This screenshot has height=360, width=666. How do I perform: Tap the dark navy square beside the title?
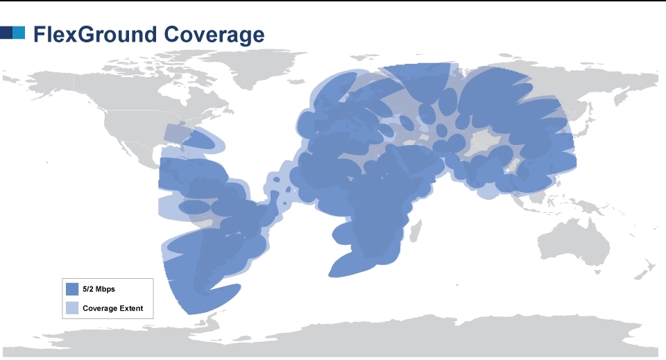6,33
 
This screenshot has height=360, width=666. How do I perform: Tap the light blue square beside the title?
19,33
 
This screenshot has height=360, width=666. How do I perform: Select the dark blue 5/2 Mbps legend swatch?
71,289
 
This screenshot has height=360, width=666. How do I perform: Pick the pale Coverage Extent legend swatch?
71,308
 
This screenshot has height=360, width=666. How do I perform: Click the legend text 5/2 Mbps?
99,289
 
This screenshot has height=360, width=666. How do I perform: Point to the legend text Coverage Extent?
112,308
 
